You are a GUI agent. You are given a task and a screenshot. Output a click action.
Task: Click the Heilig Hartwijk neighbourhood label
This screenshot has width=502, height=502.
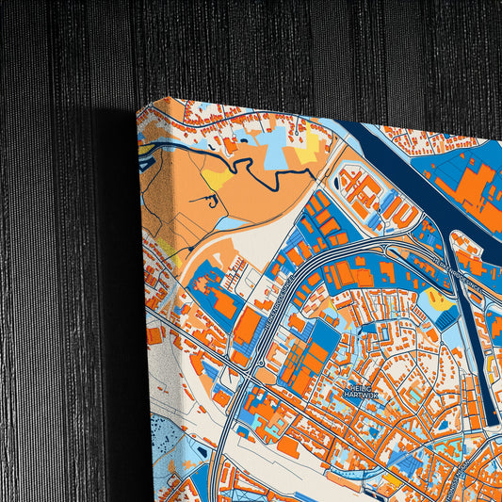pyautogui.click(x=361, y=391)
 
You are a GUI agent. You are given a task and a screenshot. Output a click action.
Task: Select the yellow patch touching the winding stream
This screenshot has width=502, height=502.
pyautogui.click(x=218, y=178)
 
